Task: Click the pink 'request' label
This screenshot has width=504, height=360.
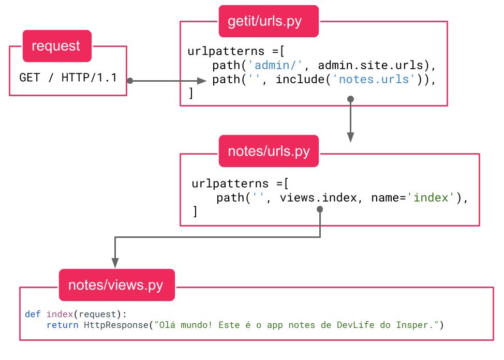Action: tap(56, 46)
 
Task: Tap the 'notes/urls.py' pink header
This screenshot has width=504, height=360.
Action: tap(269, 152)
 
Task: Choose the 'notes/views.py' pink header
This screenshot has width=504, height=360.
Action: tap(116, 285)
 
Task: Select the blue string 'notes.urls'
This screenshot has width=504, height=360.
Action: tap(380, 80)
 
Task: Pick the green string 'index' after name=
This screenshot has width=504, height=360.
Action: tap(433, 198)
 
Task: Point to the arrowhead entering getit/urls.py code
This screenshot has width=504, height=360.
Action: tap(203, 81)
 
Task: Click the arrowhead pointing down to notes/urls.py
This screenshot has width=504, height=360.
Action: tap(350, 137)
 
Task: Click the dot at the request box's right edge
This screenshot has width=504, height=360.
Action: tap(130, 81)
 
